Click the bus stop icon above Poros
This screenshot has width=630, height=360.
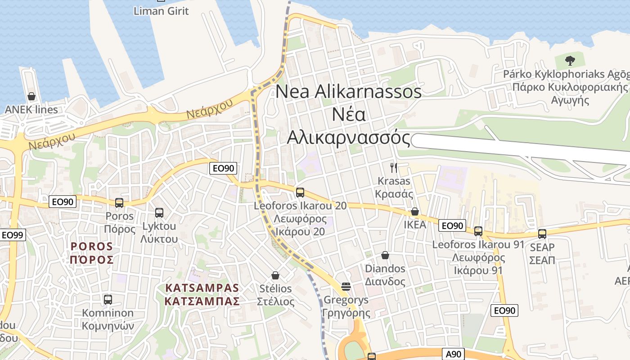click(119, 202)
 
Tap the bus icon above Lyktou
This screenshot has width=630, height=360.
click(159, 212)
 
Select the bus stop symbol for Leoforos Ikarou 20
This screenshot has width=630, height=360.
click(300, 193)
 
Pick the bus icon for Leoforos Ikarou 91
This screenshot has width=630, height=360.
click(478, 231)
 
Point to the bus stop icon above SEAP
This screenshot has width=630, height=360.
click(542, 234)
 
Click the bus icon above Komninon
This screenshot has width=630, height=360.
click(108, 299)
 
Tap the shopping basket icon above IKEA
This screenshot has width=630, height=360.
click(415, 211)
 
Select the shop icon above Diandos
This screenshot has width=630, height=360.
click(385, 255)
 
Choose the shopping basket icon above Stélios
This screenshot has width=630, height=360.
click(275, 275)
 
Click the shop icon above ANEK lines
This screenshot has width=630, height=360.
click(31, 96)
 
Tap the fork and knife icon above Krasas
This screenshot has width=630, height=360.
click(394, 168)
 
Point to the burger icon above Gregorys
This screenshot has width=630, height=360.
click(346, 286)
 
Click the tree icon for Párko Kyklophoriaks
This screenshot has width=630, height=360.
click(570, 60)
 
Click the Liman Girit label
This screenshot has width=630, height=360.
click(161, 11)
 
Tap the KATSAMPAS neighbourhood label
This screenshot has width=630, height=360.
click(202, 294)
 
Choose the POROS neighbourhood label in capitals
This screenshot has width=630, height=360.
click(92, 253)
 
